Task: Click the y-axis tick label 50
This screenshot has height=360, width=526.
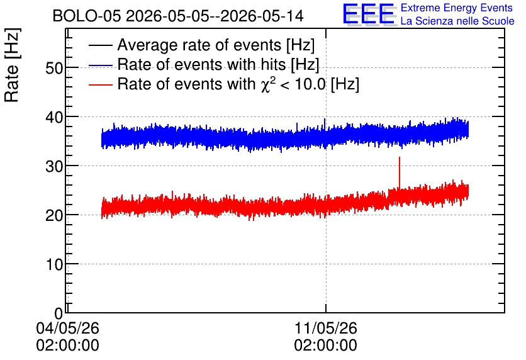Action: (x=54, y=69)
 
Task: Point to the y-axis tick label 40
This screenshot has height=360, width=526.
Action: (x=54, y=118)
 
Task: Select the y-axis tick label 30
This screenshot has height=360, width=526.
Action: (x=54, y=166)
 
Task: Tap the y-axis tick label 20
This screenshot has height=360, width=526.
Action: (x=54, y=215)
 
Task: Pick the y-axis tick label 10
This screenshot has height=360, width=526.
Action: (x=54, y=265)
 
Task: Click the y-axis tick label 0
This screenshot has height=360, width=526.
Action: (x=59, y=313)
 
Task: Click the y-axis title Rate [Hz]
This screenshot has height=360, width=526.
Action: (x=12, y=65)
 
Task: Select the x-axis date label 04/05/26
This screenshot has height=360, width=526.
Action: (x=67, y=328)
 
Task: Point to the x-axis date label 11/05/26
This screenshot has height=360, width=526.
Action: (x=326, y=328)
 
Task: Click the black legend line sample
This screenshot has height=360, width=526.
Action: (x=101, y=45)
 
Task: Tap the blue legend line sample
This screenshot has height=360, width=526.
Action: (x=101, y=65)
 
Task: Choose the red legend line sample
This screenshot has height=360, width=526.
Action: (x=101, y=84)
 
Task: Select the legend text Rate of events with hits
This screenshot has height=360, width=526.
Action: (x=201, y=64)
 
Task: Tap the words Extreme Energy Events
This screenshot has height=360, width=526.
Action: (x=457, y=8)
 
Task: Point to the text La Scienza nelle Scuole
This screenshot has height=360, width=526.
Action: (x=457, y=21)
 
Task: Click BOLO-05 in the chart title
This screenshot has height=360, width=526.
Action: (x=87, y=16)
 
